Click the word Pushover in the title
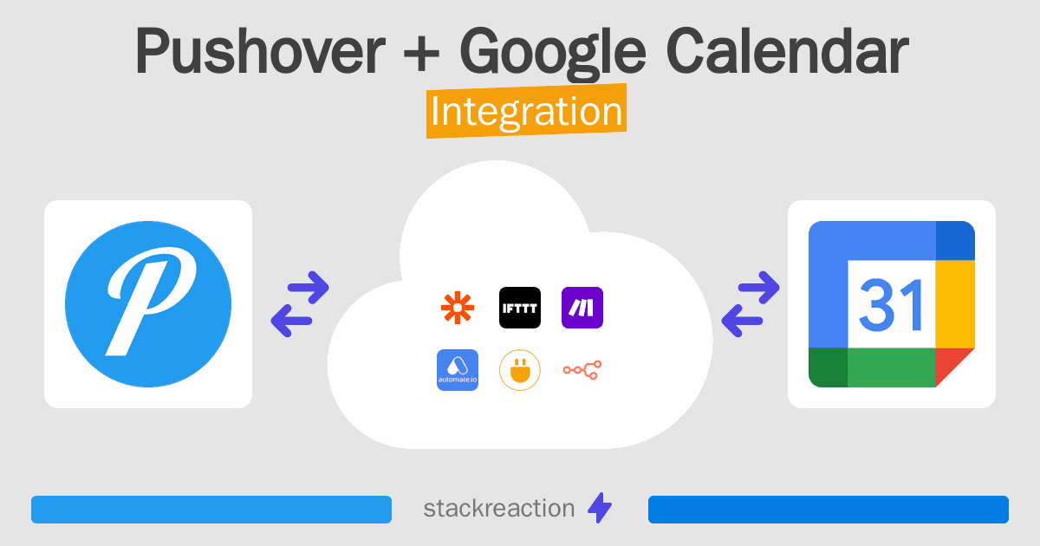pos(260,50)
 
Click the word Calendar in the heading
pos(787,50)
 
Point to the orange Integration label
pos(527,111)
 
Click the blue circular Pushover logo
pos(148,304)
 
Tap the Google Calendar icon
pos(892,304)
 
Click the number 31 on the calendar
pos(891,304)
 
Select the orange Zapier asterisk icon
pos(458,308)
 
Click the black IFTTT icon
pos(520,308)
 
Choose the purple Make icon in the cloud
pos(582,308)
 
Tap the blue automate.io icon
pos(458,370)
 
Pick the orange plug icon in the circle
pos(520,370)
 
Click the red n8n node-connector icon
pos(582,370)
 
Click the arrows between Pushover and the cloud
pos(300,304)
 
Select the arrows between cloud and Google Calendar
pos(751,304)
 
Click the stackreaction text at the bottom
pos(498,509)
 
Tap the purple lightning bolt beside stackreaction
pos(600,508)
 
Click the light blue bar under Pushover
pos(211,510)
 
